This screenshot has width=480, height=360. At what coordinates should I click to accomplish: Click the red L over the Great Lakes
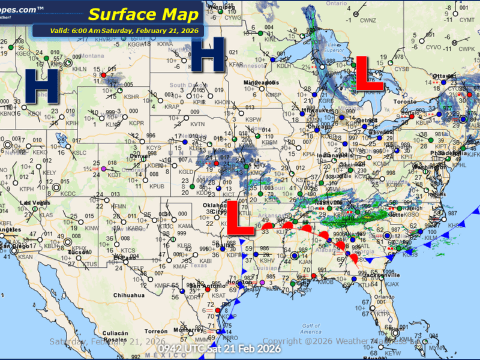[370, 74]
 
